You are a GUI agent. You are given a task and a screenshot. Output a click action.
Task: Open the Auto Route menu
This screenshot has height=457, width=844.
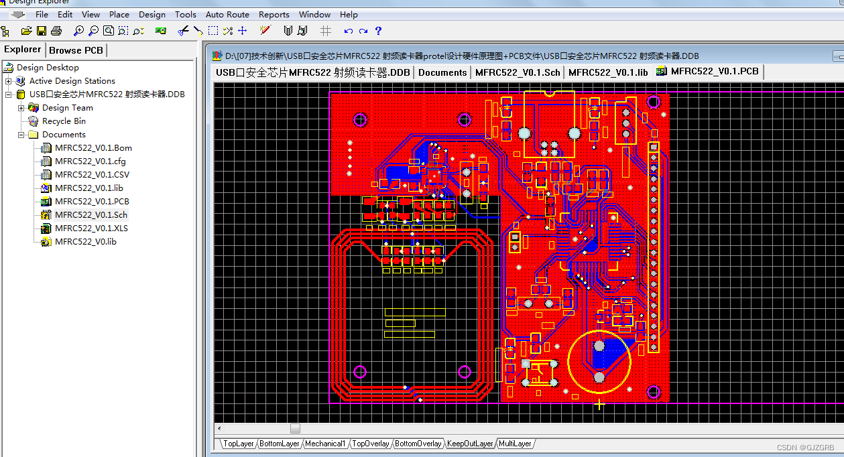[227, 14]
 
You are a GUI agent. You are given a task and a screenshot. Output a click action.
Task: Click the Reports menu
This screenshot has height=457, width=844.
[274, 14]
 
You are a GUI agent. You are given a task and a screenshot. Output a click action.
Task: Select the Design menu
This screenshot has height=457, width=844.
[152, 14]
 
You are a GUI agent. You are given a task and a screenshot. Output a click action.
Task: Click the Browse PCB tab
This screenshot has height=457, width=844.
[76, 50]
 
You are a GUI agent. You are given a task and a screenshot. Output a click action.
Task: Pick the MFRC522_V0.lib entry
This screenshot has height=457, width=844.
[85, 242]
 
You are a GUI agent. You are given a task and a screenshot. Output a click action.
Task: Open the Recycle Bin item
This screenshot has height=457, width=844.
[64, 121]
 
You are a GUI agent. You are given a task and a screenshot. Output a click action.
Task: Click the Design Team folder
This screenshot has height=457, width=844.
[67, 108]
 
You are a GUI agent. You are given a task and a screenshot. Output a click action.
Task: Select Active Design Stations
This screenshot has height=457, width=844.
[72, 81]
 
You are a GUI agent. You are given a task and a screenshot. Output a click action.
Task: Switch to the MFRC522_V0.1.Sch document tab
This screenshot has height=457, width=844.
[518, 72]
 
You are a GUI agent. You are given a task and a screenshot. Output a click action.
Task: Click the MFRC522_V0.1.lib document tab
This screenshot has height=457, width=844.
[608, 72]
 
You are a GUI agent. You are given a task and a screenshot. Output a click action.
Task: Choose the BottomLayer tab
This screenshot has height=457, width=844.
[280, 444]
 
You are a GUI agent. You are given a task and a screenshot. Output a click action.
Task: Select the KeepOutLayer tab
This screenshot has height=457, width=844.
[470, 444]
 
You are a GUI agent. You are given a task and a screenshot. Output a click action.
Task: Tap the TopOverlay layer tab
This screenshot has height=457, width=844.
[371, 444]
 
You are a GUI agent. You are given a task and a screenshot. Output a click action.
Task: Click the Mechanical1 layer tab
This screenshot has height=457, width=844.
[325, 444]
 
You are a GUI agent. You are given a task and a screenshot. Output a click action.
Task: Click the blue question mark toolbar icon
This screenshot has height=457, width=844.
[378, 31]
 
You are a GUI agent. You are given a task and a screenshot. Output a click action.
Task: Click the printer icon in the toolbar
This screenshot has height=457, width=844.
[56, 31]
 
